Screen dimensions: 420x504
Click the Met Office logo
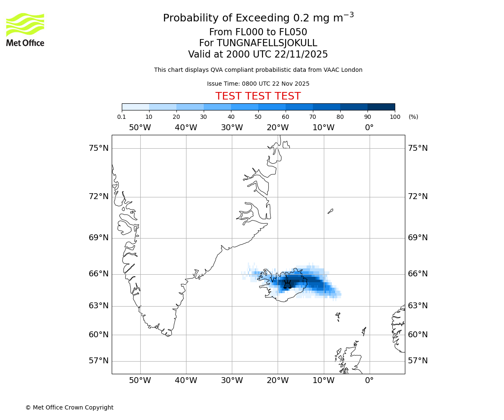(25, 29)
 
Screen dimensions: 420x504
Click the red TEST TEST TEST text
(258, 96)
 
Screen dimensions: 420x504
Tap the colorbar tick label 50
(258, 117)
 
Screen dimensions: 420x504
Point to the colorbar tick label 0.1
(122, 117)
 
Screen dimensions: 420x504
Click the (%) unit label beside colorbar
(413, 117)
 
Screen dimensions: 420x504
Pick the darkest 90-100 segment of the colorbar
(381, 107)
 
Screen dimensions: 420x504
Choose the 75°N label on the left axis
(99, 148)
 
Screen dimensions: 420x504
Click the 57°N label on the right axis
(418, 361)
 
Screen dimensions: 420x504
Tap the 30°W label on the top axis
(232, 128)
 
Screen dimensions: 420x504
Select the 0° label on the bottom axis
(369, 381)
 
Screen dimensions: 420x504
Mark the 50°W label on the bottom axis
(140, 381)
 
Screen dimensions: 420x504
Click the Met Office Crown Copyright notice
(69, 407)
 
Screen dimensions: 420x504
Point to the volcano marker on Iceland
(287, 284)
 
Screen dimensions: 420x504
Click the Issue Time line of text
(258, 84)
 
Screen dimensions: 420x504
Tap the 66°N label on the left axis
(99, 274)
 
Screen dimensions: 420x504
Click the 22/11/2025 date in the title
(301, 54)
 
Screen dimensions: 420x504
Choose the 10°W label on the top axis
(323, 128)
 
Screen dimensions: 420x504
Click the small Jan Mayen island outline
(331, 211)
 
